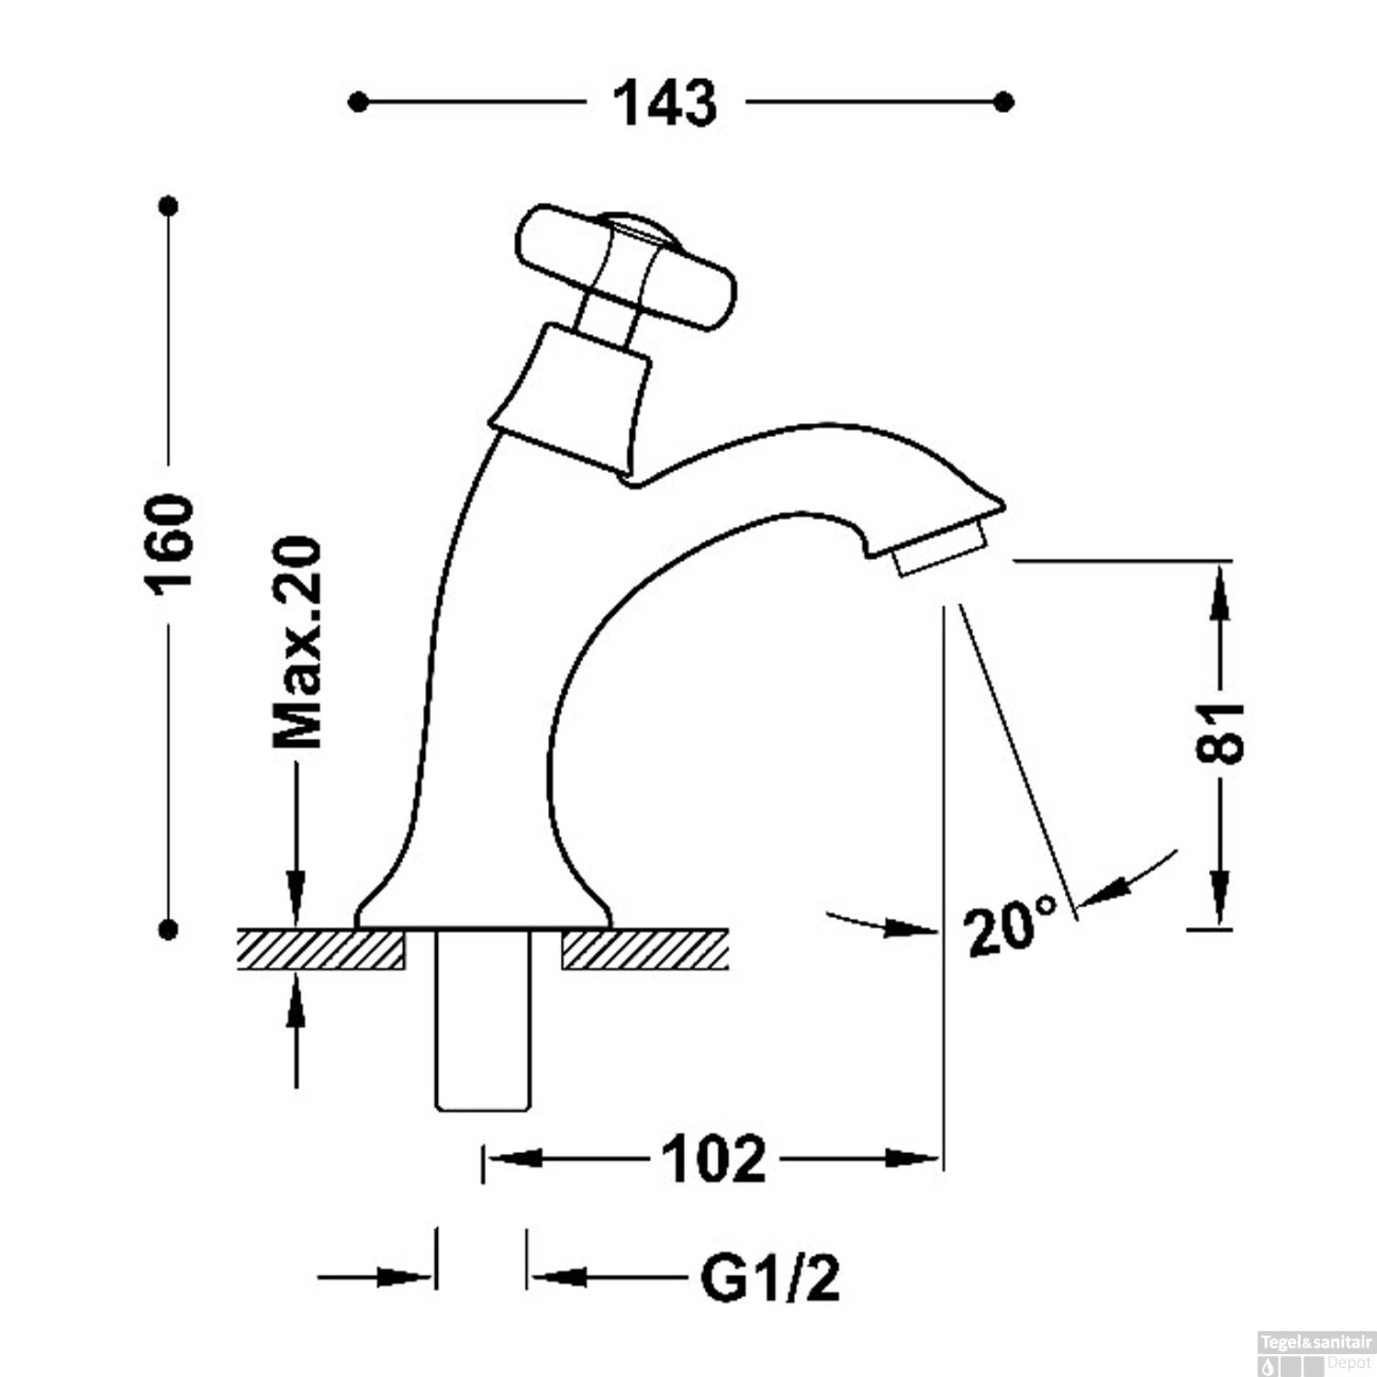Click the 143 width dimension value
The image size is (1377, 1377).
coord(665,103)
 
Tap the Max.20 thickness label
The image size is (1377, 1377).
coord(297,643)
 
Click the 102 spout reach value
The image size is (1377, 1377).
coord(713,1159)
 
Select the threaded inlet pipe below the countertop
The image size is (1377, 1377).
coord(483,1019)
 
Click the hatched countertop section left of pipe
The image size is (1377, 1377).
coord(321,949)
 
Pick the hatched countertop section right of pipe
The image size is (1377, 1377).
coord(644,949)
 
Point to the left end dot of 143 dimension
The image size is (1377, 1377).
coord(359,102)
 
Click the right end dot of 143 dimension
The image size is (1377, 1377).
coord(1004,102)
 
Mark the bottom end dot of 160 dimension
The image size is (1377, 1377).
coord(168,930)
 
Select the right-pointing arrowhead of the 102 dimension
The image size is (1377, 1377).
coord(913,1159)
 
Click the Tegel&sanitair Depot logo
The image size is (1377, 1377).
coord(1315,1354)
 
